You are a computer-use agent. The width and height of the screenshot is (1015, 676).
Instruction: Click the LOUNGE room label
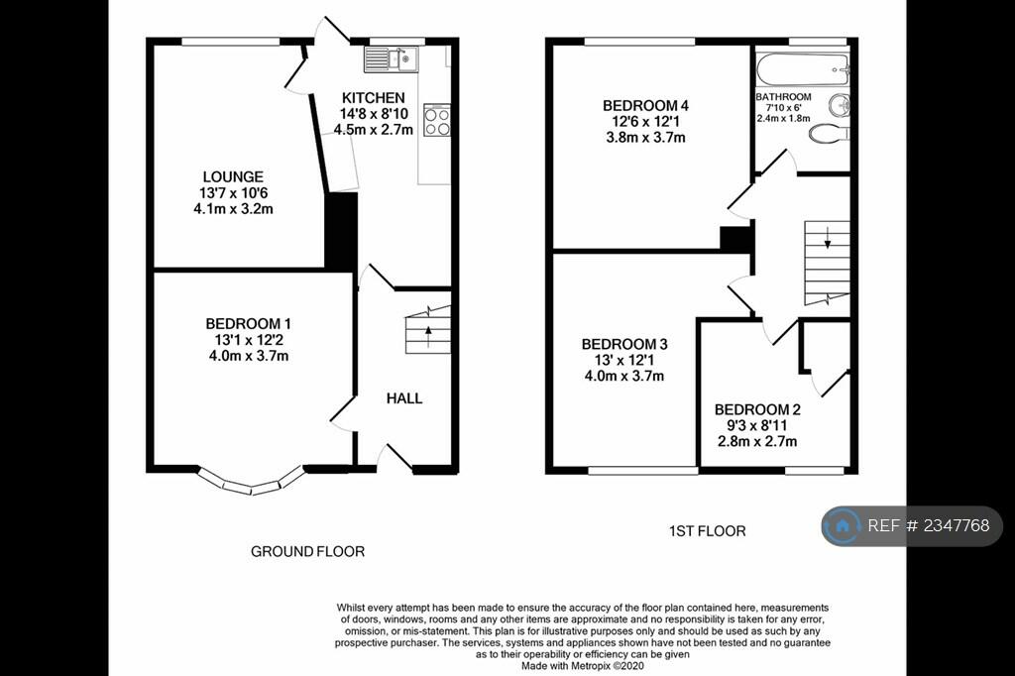coord(233,176)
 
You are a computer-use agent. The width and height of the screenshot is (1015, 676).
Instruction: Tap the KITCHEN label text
coord(374,98)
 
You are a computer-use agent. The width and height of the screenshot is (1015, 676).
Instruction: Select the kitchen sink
coord(391,59)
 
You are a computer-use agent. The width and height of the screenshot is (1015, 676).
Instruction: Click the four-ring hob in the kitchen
coord(437,121)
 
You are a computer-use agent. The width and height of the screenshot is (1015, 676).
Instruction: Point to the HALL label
coord(404,398)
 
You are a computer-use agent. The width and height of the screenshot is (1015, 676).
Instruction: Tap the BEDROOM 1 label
coord(249,324)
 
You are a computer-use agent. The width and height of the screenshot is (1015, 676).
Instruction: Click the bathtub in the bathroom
coord(803,68)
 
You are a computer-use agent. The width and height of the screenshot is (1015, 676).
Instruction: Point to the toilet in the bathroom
coord(829,134)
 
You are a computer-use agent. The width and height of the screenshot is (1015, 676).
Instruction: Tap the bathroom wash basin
coord(840,105)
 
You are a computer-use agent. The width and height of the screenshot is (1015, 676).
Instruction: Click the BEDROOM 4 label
coord(645,105)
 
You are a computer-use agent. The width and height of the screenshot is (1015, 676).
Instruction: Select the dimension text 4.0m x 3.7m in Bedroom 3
coord(624,377)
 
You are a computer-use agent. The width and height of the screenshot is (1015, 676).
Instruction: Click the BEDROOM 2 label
coord(757,410)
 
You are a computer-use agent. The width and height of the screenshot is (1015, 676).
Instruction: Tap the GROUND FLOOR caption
coord(307,552)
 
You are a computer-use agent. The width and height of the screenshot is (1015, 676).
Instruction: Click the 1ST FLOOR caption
coord(707,531)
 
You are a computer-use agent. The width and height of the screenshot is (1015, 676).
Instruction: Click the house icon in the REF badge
coord(843,525)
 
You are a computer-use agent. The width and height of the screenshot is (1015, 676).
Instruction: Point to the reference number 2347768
coord(957,525)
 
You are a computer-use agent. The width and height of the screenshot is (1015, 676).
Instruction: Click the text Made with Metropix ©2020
coord(583,666)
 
